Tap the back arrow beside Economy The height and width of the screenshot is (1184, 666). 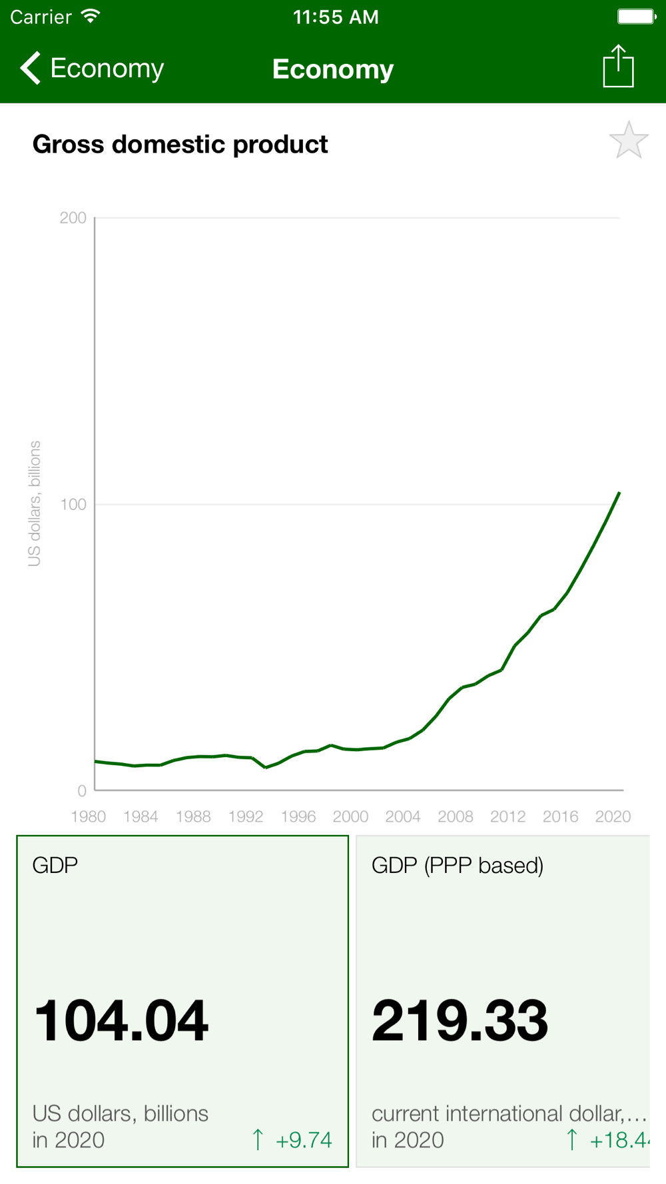[31, 68]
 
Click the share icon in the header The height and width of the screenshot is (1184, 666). [618, 67]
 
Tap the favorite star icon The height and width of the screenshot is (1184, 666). [628, 141]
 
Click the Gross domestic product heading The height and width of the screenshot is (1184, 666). [180, 145]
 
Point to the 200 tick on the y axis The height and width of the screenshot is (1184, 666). [73, 218]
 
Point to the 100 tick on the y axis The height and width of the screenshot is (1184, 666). [73, 504]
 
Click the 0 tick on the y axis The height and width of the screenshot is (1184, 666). [82, 790]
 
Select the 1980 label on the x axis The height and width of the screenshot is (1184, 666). [89, 816]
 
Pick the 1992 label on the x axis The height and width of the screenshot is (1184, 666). [246, 816]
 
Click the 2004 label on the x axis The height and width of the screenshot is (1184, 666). [403, 816]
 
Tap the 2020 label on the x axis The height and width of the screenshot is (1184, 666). [613, 816]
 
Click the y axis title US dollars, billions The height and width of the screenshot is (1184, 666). [35, 503]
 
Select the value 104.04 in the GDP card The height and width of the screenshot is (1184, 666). [121, 1021]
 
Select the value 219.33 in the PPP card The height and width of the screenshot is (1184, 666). [460, 1021]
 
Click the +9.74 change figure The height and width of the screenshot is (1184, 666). [303, 1140]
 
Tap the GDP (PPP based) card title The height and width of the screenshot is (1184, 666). [458, 865]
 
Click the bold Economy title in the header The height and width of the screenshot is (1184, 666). [333, 69]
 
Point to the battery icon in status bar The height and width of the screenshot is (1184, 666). [636, 17]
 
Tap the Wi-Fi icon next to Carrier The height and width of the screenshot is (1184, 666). [91, 17]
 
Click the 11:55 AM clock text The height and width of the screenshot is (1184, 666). [336, 17]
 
